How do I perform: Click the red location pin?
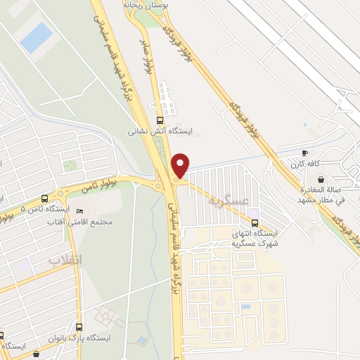[x=180, y=165]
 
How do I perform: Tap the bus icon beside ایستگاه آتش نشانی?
[x=160, y=120]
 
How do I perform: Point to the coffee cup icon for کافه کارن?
[x=304, y=153]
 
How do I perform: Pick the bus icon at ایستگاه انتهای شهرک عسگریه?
[x=265, y=224]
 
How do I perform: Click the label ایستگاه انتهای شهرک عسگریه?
[x=255, y=238]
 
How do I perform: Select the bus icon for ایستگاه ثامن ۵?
[x=45, y=199]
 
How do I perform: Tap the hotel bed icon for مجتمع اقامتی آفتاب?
[x=79, y=211]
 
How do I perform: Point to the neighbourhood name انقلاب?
[x=65, y=260]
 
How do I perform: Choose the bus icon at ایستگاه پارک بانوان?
[x=79, y=327]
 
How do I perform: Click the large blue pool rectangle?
[x=36, y=38]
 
